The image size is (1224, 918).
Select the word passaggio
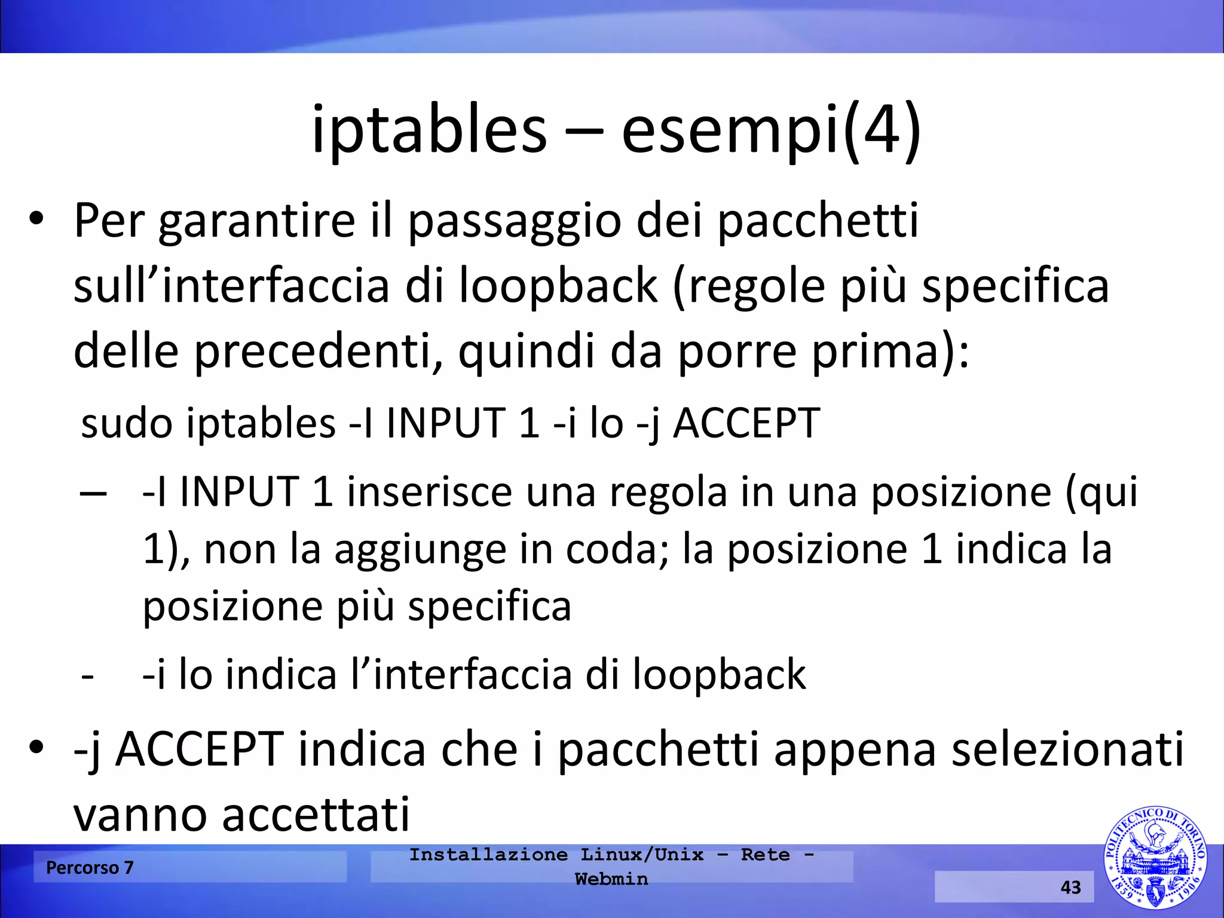click(x=515, y=221)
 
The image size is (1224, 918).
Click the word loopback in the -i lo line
click(x=719, y=674)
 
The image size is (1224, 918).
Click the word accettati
click(x=316, y=814)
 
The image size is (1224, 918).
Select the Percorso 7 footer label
click(x=90, y=867)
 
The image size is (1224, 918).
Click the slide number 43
click(x=1070, y=887)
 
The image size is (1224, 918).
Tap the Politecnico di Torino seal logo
click(x=1155, y=858)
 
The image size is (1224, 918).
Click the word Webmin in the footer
click(x=611, y=879)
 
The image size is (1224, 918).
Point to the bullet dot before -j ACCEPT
click(x=36, y=747)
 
